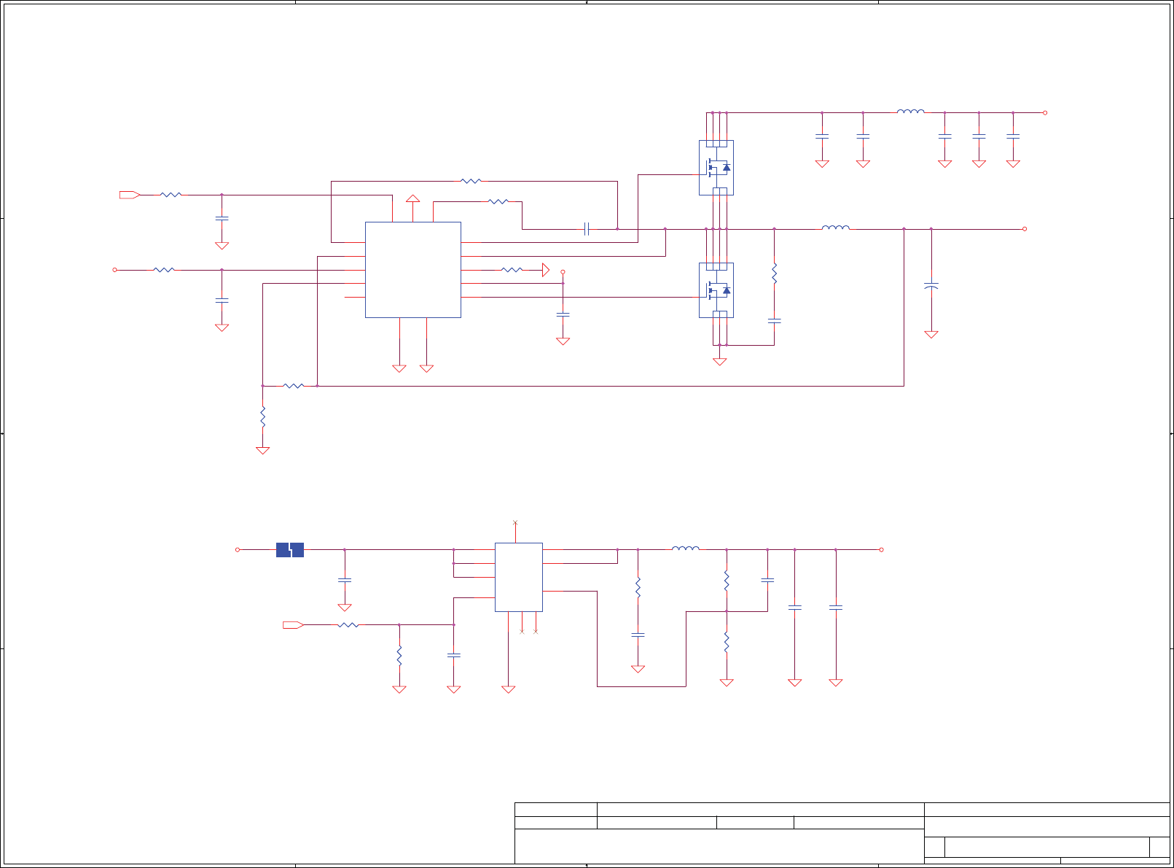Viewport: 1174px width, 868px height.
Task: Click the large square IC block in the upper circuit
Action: (412, 270)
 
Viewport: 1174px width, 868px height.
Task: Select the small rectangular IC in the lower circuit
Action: (518, 577)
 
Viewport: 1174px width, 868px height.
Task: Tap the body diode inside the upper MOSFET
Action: (726, 168)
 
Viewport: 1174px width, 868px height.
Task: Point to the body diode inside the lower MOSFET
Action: (726, 290)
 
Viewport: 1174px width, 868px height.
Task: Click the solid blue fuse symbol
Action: (290, 550)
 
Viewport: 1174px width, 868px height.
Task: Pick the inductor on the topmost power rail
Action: (910, 112)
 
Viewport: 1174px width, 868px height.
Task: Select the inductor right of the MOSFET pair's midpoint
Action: (835, 228)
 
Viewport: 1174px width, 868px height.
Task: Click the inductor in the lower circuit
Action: (685, 549)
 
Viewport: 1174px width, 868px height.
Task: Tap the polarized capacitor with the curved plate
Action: (931, 286)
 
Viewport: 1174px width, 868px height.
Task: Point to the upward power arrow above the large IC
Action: (413, 198)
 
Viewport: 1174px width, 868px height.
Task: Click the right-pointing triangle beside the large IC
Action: (546, 270)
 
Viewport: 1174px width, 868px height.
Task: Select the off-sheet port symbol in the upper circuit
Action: (129, 195)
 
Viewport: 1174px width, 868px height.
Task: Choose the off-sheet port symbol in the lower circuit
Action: (292, 625)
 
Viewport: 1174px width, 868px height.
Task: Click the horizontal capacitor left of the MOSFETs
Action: (586, 229)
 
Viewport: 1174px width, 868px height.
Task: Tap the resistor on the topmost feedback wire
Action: (471, 181)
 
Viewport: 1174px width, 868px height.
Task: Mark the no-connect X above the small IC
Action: (515, 522)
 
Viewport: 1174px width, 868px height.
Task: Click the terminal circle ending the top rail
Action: (1045, 112)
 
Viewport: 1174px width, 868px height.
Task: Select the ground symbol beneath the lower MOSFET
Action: (719, 361)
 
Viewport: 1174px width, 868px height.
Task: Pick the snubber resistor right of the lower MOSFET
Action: (774, 274)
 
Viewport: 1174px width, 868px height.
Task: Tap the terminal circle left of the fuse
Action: (238, 550)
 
